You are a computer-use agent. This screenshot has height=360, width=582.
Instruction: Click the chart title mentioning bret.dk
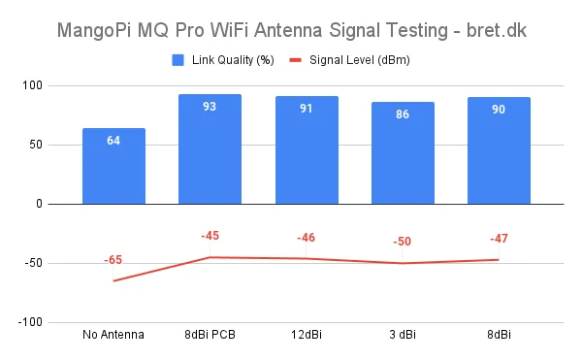coord(291,30)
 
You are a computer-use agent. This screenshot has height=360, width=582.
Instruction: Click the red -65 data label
coord(113,260)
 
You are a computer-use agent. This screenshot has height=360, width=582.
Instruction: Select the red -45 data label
coord(210,236)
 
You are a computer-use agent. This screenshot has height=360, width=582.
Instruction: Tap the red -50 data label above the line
coord(403,242)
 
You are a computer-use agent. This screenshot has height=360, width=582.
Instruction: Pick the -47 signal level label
coord(499,238)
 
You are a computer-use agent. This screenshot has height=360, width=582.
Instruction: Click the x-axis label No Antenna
coord(113,335)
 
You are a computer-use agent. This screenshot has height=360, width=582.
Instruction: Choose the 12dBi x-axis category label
coord(307,335)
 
